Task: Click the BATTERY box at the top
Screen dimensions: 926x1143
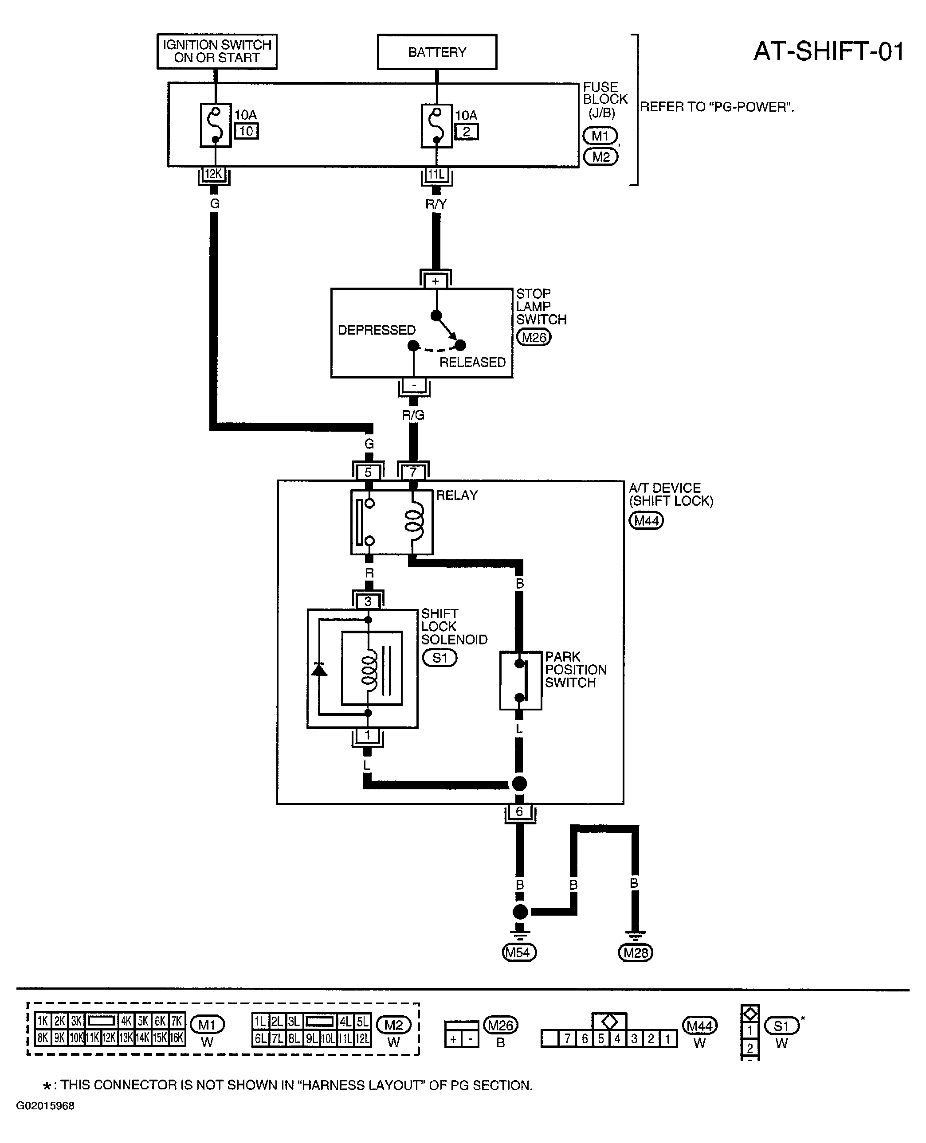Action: click(x=437, y=52)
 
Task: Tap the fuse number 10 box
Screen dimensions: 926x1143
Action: click(x=247, y=131)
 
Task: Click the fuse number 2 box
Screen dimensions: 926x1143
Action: click(x=467, y=131)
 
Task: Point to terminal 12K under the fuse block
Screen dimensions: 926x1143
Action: click(x=214, y=174)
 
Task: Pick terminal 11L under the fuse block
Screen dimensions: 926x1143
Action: click(x=436, y=174)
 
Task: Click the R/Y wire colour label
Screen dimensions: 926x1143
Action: click(x=436, y=204)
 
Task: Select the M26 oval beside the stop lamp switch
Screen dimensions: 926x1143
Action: click(x=534, y=337)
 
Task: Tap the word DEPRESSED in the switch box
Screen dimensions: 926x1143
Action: click(x=377, y=330)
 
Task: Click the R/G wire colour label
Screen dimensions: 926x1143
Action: click(x=413, y=415)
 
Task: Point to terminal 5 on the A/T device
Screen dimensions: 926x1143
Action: click(x=368, y=472)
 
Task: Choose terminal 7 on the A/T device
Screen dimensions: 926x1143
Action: click(x=413, y=472)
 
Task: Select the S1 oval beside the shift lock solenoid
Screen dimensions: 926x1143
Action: click(x=439, y=658)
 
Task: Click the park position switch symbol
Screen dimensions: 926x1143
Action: click(x=521, y=680)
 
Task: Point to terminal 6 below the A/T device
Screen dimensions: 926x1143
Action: click(x=519, y=811)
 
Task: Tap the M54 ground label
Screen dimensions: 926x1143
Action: click(x=519, y=952)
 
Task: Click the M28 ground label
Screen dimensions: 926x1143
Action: click(x=635, y=952)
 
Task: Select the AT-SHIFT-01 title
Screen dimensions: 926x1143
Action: click(x=829, y=52)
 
